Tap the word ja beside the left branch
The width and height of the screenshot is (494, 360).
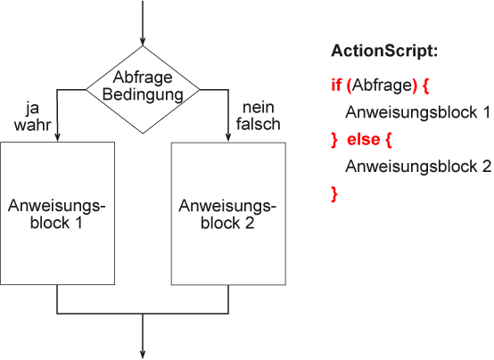(x=32, y=109)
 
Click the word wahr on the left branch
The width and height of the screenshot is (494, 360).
(x=32, y=125)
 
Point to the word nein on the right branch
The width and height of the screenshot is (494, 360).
(x=259, y=108)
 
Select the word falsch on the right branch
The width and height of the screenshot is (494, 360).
(x=259, y=124)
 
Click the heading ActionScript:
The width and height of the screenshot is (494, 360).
(x=384, y=51)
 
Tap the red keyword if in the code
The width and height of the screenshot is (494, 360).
(x=336, y=85)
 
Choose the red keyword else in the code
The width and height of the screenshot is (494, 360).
(x=363, y=139)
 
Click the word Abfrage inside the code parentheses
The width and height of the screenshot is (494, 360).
(x=382, y=85)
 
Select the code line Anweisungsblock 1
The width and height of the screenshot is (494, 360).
(x=418, y=112)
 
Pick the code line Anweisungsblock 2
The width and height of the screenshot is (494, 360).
(x=418, y=167)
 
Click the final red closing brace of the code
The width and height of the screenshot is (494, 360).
(x=334, y=194)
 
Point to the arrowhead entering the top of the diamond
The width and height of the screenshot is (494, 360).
(x=143, y=42)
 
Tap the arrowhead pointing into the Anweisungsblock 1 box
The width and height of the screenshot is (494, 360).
(x=57, y=137)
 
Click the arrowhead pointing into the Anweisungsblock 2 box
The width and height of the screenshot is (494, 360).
(x=228, y=138)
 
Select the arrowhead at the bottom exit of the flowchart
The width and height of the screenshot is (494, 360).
(x=143, y=355)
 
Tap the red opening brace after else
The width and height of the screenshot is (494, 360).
(x=388, y=140)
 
